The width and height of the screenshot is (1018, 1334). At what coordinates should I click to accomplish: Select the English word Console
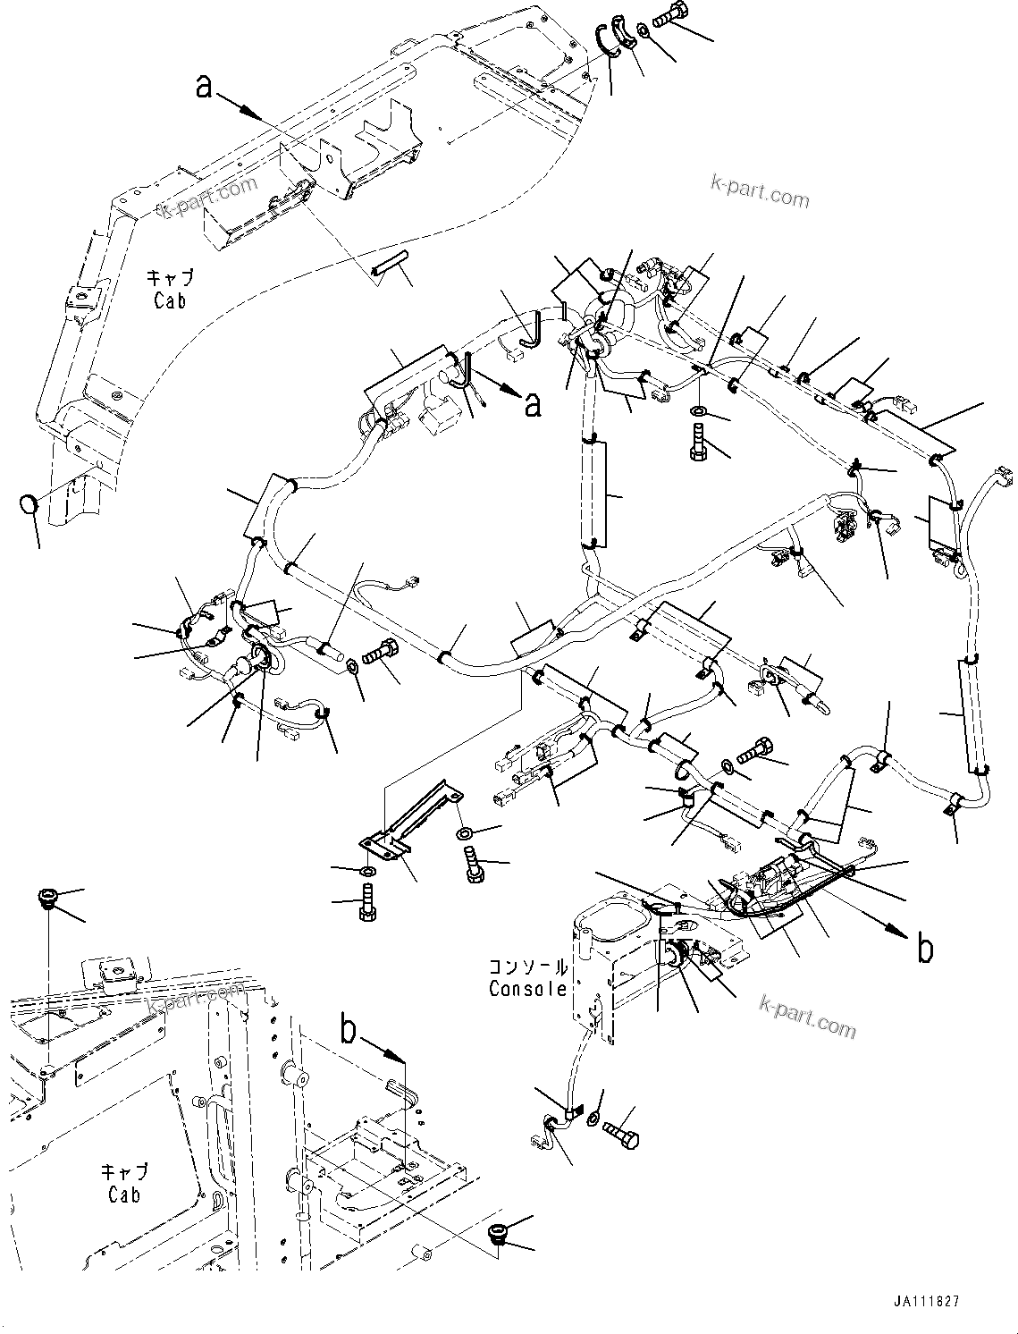point(527,989)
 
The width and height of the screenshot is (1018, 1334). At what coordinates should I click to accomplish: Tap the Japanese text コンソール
point(527,967)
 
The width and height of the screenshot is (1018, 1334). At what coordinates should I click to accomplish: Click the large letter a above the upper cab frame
point(206,86)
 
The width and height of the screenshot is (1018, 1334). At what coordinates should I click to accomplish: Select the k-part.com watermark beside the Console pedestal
point(806,1015)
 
